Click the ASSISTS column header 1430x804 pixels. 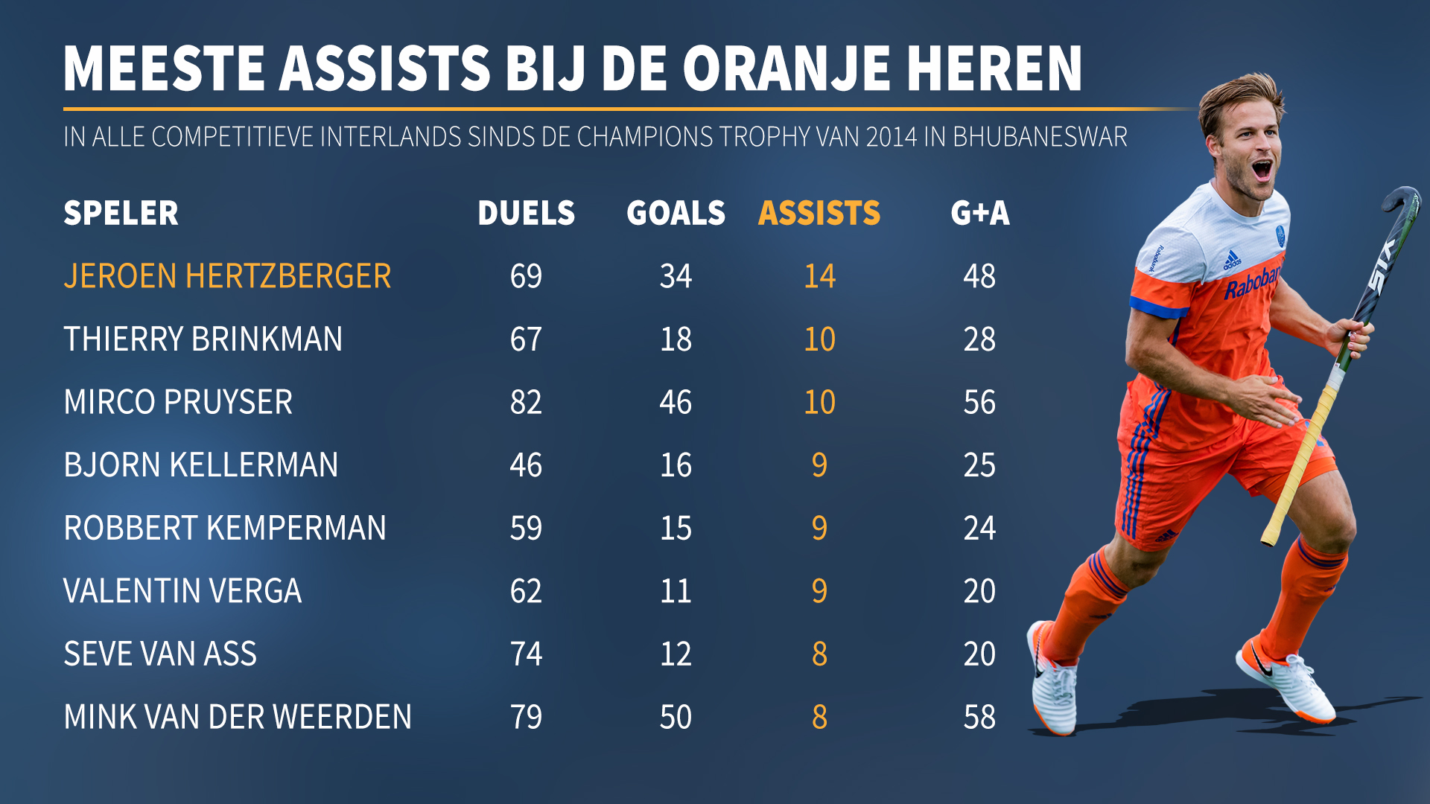819,214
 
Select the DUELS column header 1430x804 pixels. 526,214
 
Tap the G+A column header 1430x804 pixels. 980,214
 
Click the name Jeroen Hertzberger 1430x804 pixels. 227,276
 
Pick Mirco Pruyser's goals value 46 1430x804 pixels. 676,402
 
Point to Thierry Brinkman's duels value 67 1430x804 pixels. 526,339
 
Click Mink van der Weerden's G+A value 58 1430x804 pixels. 979,718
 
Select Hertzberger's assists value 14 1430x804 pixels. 819,276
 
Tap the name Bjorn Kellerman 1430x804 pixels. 201,465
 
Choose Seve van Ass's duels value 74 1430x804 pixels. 526,654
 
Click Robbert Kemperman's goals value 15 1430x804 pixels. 676,529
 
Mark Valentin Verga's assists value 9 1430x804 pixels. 819,591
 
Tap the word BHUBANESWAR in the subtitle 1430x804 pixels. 1040,137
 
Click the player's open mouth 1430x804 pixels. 1262,170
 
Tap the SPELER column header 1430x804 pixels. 121,214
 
